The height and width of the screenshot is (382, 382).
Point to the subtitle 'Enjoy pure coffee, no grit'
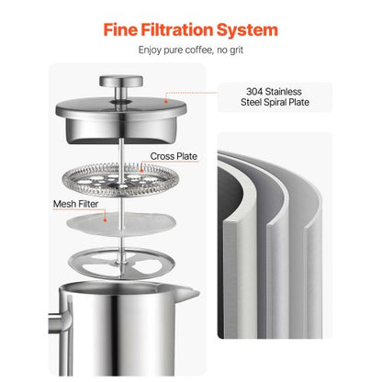coord(190,55)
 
